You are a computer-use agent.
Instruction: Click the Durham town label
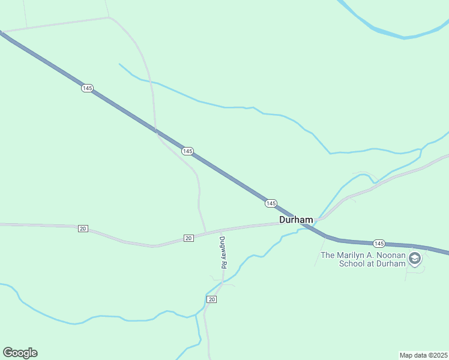pyautogui.click(x=296, y=220)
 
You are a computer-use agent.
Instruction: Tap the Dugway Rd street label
pyautogui.click(x=222, y=252)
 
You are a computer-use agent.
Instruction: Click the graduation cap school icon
pyautogui.click(x=414, y=259)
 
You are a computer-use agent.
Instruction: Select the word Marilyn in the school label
pyautogui.click(x=355, y=255)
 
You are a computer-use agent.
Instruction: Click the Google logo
pyautogui.click(x=20, y=353)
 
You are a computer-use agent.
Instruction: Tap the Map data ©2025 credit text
pyautogui.click(x=423, y=355)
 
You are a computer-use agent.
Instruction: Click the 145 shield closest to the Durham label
pyautogui.click(x=271, y=203)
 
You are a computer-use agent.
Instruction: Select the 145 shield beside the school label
pyautogui.click(x=379, y=243)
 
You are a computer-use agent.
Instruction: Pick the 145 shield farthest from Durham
pyautogui.click(x=88, y=88)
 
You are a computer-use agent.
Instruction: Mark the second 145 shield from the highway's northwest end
pyautogui.click(x=187, y=151)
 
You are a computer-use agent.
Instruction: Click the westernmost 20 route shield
pyautogui.click(x=83, y=229)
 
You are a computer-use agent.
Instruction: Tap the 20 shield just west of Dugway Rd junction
pyautogui.click(x=188, y=238)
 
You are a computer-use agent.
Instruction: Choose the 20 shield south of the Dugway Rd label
pyautogui.click(x=211, y=299)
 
